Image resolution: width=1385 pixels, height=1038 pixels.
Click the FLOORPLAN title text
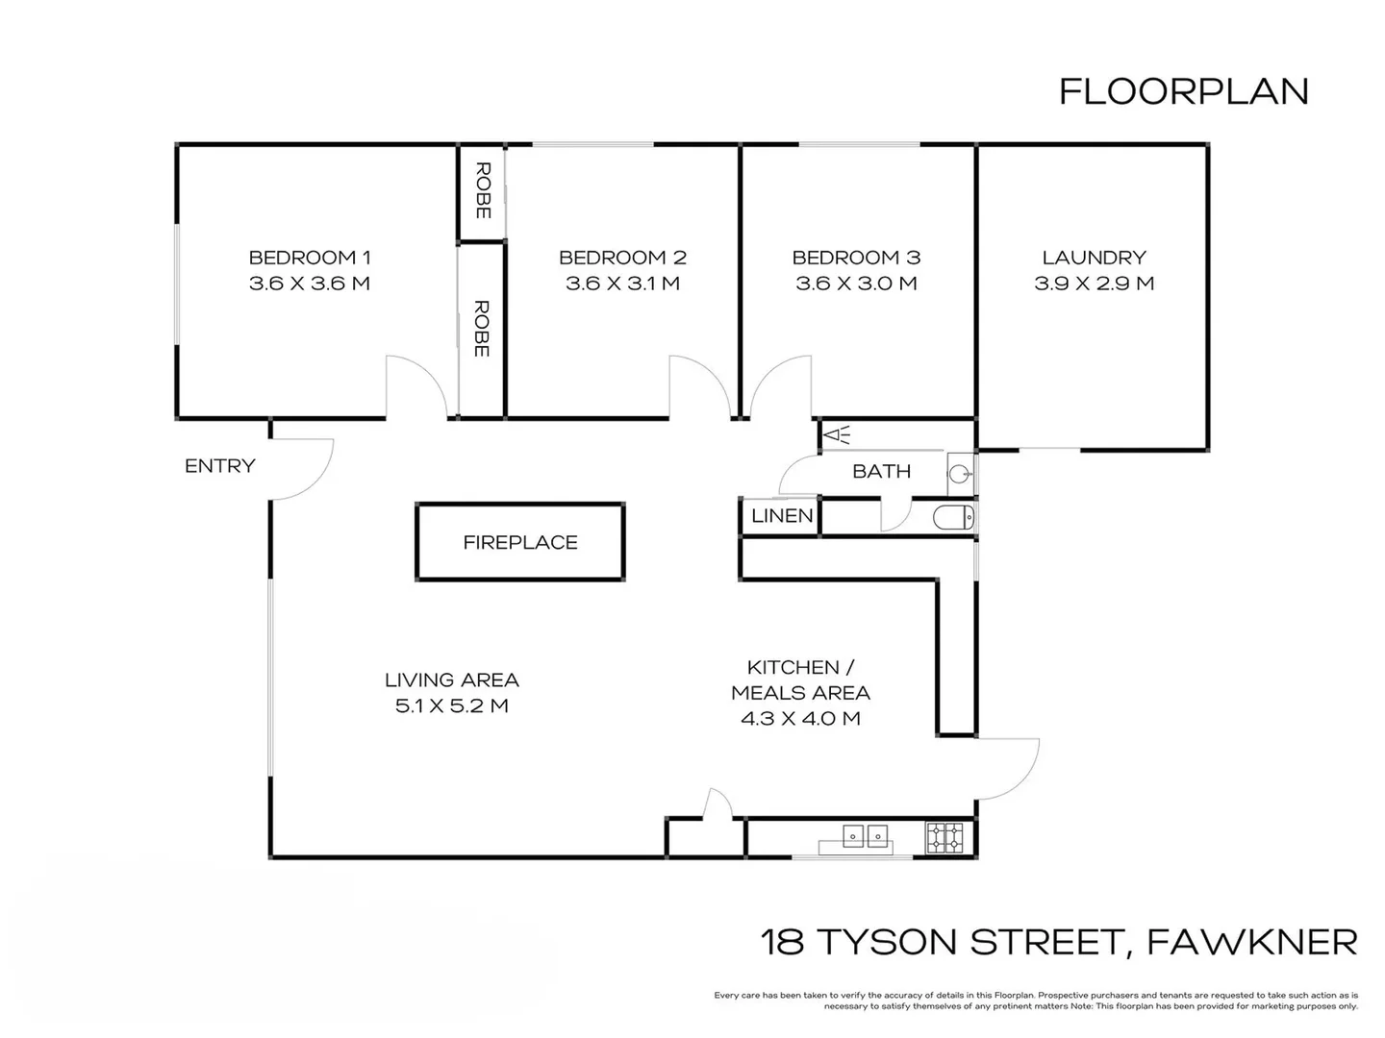(1183, 91)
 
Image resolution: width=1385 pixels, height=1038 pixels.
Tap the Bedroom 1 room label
(309, 258)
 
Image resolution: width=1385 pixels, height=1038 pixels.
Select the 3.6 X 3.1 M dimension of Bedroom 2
(622, 284)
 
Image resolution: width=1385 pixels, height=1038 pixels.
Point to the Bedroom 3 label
(856, 258)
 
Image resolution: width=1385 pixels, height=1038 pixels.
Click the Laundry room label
(1094, 258)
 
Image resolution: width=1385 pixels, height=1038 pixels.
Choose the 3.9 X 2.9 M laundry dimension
(1094, 284)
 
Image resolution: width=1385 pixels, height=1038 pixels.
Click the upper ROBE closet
(482, 190)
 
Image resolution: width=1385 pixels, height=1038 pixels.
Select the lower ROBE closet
(482, 329)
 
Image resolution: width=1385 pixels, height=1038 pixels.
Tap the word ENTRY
(220, 466)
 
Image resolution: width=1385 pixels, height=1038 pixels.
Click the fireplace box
(519, 542)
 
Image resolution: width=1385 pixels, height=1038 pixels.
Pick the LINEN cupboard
(781, 516)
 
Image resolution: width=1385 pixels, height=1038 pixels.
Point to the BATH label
(881, 471)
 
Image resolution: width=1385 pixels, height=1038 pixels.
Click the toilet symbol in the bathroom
(952, 517)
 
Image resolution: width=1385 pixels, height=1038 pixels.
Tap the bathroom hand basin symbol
(958, 473)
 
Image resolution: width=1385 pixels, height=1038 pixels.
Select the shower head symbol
(837, 436)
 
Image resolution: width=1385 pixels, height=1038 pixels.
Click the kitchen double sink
(865, 837)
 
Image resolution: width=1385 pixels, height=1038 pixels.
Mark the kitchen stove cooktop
(944, 838)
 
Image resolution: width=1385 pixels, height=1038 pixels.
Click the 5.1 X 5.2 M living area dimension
(451, 705)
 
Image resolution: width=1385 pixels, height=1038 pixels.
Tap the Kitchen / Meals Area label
(800, 680)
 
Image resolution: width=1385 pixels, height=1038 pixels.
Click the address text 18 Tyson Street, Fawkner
(1058, 942)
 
